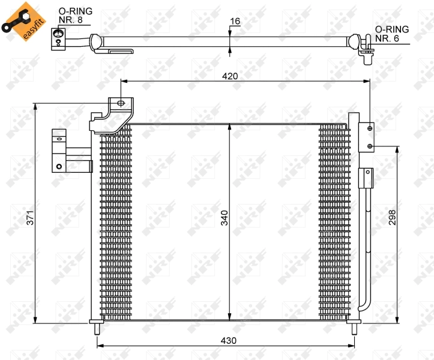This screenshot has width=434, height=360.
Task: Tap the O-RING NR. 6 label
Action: point(391,34)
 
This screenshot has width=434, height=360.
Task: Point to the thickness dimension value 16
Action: point(235,22)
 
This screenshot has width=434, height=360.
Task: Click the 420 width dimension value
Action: point(230,76)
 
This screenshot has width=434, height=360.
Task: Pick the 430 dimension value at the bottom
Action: point(229,340)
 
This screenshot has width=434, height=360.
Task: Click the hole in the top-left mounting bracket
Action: point(121,103)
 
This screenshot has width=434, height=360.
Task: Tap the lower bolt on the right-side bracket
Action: point(370,145)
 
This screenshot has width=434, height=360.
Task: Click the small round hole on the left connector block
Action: point(58,167)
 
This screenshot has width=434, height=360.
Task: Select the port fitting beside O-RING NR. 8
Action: point(57,37)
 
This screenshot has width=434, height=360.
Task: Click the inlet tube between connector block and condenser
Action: point(78,159)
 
